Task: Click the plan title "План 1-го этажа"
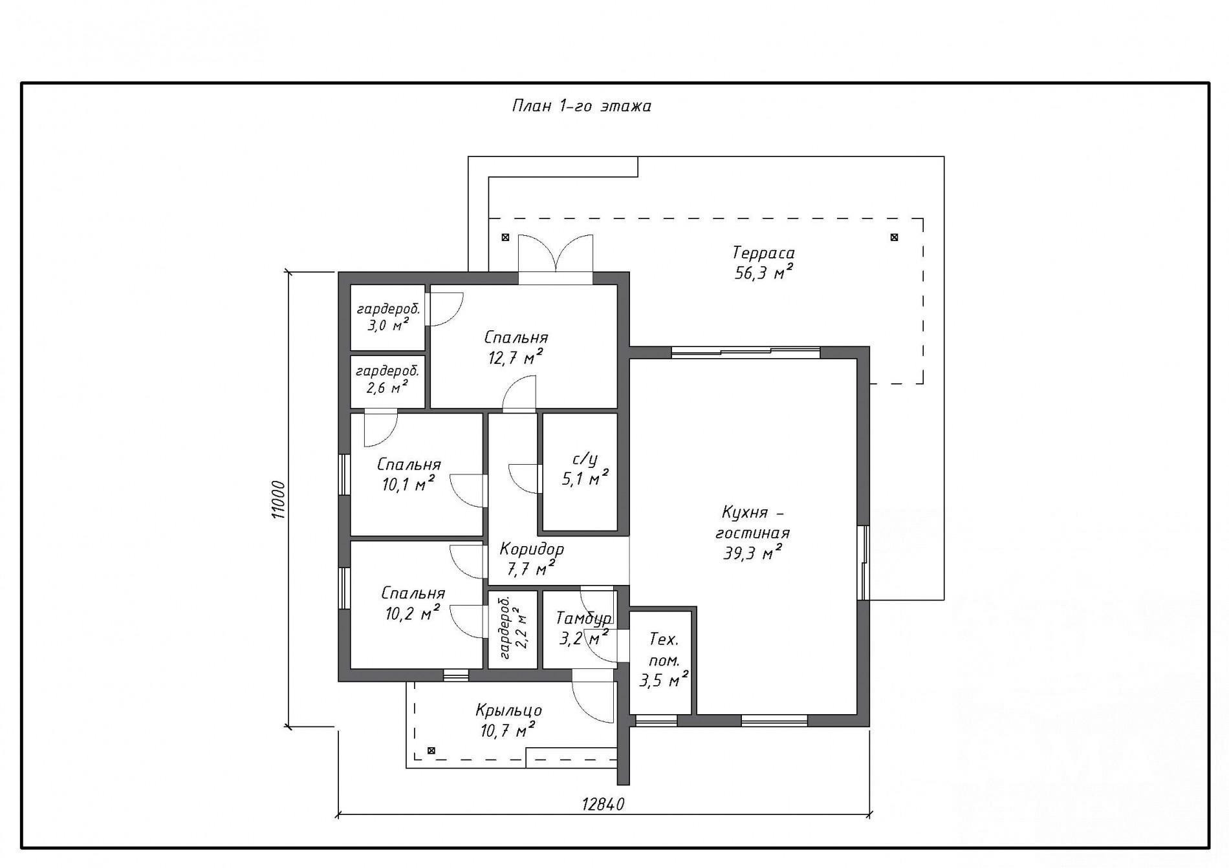582,106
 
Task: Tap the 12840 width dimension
603,804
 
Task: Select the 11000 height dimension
278,499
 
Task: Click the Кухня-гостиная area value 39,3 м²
753,553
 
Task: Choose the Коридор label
532,549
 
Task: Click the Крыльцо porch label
508,711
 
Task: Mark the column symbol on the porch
431,750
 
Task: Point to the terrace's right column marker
894,237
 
